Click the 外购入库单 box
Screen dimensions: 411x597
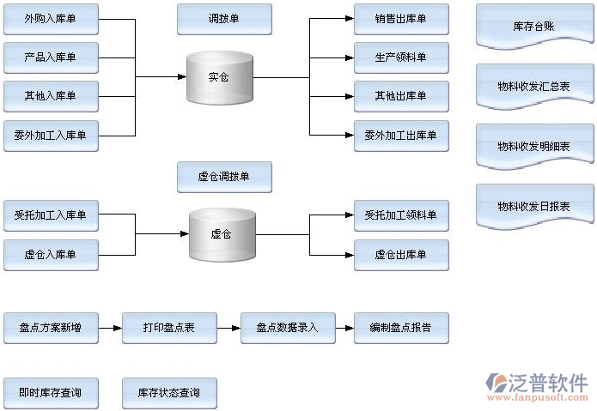pos(51,19)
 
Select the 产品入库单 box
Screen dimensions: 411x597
pos(51,57)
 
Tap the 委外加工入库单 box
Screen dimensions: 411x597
pos(51,135)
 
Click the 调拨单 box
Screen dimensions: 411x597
pos(224,19)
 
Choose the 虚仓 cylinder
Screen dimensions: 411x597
pos(222,233)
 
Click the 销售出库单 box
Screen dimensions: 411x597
pos(400,19)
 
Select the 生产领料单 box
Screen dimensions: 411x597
pos(400,57)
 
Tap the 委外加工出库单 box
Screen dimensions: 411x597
pos(400,135)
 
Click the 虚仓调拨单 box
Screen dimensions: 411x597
pos(224,177)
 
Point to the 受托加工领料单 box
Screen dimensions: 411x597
pos(400,215)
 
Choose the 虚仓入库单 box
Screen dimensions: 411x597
pos(51,254)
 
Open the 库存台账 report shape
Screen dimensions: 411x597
pos(533,27)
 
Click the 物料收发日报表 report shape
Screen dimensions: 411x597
pos(533,207)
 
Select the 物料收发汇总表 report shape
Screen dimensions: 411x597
pos(533,87)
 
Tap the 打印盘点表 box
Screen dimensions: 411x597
pos(168,328)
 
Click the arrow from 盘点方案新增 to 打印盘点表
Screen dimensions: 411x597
pos(110,328)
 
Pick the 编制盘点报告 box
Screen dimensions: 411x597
pos(400,328)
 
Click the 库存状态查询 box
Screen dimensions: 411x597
pos(168,393)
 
